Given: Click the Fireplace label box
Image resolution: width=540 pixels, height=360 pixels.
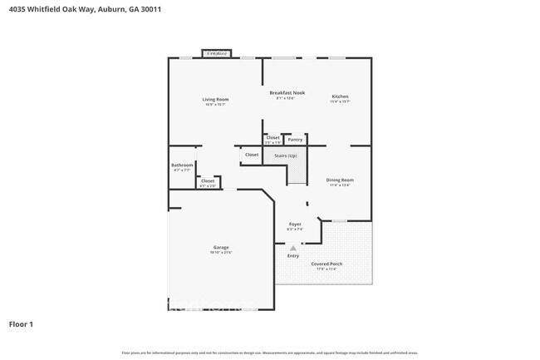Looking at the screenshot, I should (218, 53).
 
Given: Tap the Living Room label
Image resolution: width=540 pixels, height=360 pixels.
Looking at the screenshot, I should (215, 100).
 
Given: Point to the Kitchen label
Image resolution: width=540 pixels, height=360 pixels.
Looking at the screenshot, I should (340, 96).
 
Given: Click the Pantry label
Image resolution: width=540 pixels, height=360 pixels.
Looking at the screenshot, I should (295, 140).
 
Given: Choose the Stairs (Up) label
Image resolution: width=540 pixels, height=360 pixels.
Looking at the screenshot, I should (287, 155).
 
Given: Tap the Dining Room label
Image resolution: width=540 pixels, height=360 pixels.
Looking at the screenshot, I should (340, 180).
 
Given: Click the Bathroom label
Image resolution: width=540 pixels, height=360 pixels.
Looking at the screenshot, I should (182, 165).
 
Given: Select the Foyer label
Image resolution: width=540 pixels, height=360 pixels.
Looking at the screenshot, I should (295, 224).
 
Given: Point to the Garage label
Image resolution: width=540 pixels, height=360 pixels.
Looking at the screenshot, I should (221, 247).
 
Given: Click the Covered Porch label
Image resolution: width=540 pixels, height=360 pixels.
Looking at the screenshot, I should (326, 264).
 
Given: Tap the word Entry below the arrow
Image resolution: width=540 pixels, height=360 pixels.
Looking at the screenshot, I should (293, 255).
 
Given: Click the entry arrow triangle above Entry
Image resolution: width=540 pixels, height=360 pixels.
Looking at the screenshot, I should (293, 247).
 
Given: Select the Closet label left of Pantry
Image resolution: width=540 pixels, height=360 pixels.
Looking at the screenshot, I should (272, 137).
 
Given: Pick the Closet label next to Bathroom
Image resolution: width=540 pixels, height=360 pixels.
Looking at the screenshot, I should (208, 180).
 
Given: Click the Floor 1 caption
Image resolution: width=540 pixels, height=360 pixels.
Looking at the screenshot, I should (21, 323).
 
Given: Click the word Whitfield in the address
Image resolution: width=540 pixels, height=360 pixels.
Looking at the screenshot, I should (43, 9).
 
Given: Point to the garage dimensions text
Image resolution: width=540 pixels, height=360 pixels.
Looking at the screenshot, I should (221, 252).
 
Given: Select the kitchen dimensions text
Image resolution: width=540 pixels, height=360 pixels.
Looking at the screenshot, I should (340, 101).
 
